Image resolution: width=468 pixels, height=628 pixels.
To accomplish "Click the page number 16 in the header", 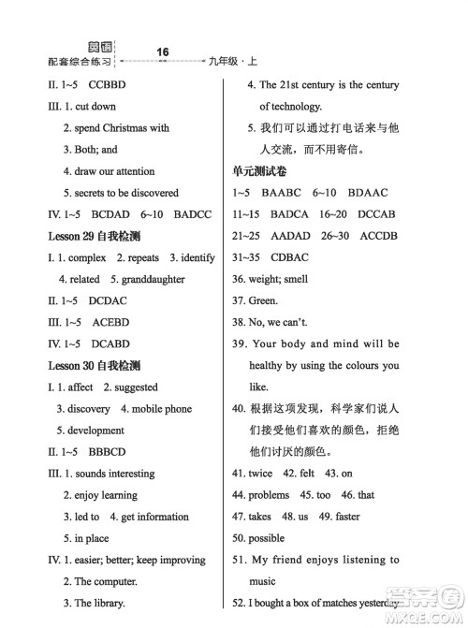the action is tap(163, 51).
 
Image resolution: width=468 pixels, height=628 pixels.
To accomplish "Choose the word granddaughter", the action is tap(154, 279).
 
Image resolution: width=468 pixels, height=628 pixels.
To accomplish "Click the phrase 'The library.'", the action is tap(100, 604).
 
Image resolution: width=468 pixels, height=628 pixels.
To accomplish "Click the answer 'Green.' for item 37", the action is tap(263, 300).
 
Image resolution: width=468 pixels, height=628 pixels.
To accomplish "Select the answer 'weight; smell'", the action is tap(278, 279).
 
